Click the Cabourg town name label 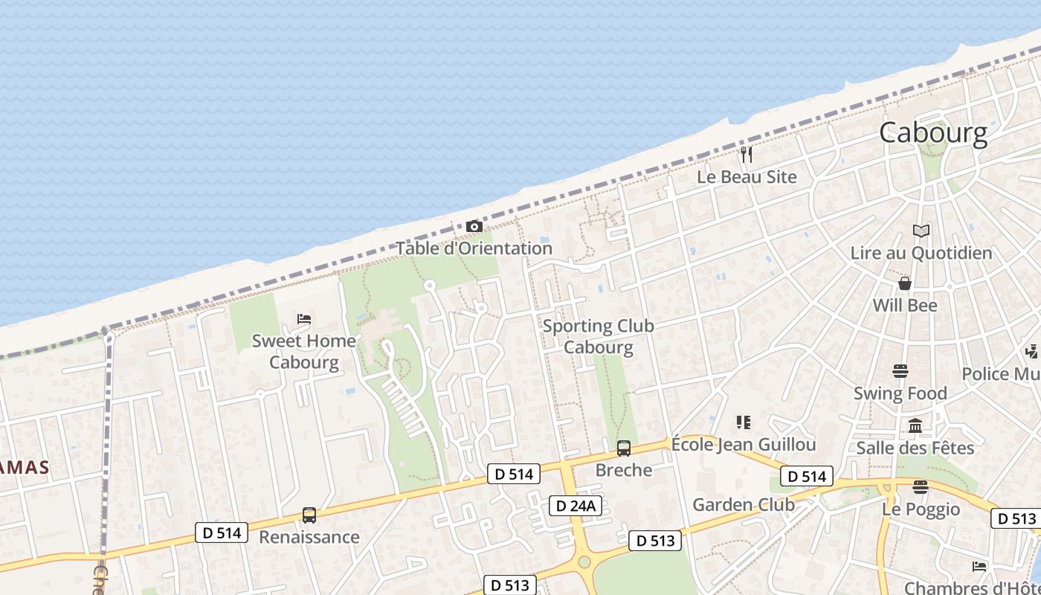pyautogui.click(x=933, y=133)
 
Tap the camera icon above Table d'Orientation pyautogui.click(x=474, y=226)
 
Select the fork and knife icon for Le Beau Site pyautogui.click(x=747, y=155)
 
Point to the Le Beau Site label pyautogui.click(x=747, y=177)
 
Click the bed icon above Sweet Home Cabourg pyautogui.click(x=303, y=319)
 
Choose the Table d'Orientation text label pyautogui.click(x=474, y=248)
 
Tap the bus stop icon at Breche pyautogui.click(x=624, y=448)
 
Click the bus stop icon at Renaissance pyautogui.click(x=309, y=515)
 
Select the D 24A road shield pyautogui.click(x=575, y=506)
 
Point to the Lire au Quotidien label pyautogui.click(x=921, y=253)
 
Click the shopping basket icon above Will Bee pyautogui.click(x=905, y=283)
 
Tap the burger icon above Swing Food pyautogui.click(x=900, y=371)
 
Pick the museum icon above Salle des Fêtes pyautogui.click(x=915, y=426)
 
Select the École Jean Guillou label pyautogui.click(x=744, y=445)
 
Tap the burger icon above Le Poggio pyautogui.click(x=921, y=487)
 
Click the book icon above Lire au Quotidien pyautogui.click(x=921, y=231)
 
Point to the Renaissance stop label pyautogui.click(x=309, y=537)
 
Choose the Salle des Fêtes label pyautogui.click(x=915, y=448)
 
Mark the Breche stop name pyautogui.click(x=624, y=470)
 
